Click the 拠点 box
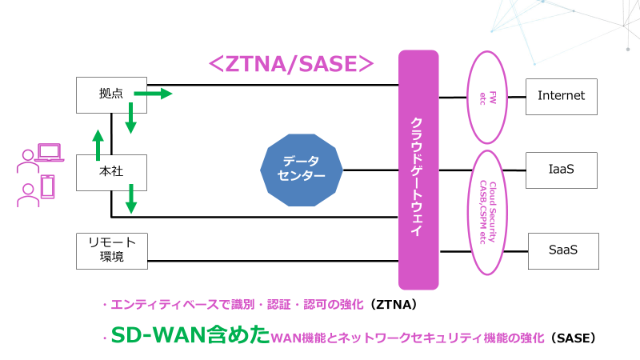(110, 94)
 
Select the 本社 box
(110, 171)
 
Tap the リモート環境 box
(111, 250)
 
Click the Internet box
(561, 95)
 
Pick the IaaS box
(561, 170)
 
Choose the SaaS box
(562, 250)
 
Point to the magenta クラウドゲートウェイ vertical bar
(418, 170)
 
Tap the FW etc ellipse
(487, 97)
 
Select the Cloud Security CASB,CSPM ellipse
(487, 211)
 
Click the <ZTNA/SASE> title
(291, 64)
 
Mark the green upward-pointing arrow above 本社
(98, 144)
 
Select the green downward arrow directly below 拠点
(130, 120)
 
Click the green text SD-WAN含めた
(189, 336)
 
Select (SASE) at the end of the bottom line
(573, 338)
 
